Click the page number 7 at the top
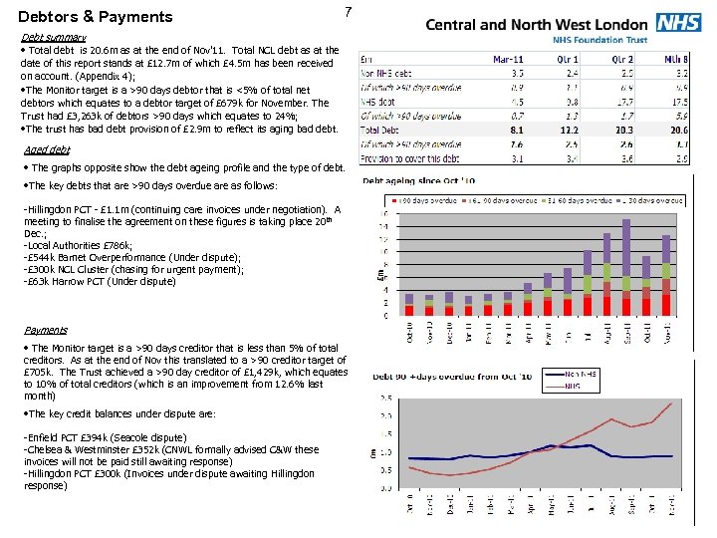(x=347, y=12)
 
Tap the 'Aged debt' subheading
(x=47, y=150)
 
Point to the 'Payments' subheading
(x=47, y=330)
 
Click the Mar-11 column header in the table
(x=509, y=59)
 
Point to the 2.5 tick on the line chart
(x=384, y=399)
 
